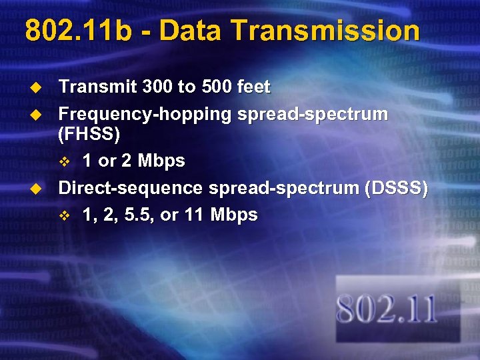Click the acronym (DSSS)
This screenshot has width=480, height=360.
[396, 188]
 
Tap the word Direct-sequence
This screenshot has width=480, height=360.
[131, 188]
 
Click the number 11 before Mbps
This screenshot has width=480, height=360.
[197, 215]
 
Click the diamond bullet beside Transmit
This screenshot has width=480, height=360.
[38, 87]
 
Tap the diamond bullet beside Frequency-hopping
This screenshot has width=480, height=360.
[38, 115]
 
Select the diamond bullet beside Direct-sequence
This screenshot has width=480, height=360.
[38, 189]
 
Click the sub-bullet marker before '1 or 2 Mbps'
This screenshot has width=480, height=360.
[65, 161]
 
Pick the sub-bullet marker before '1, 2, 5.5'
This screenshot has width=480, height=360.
[65, 215]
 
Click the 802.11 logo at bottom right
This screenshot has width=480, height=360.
[387, 309]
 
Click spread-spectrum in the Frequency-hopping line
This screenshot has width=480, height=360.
[312, 114]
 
